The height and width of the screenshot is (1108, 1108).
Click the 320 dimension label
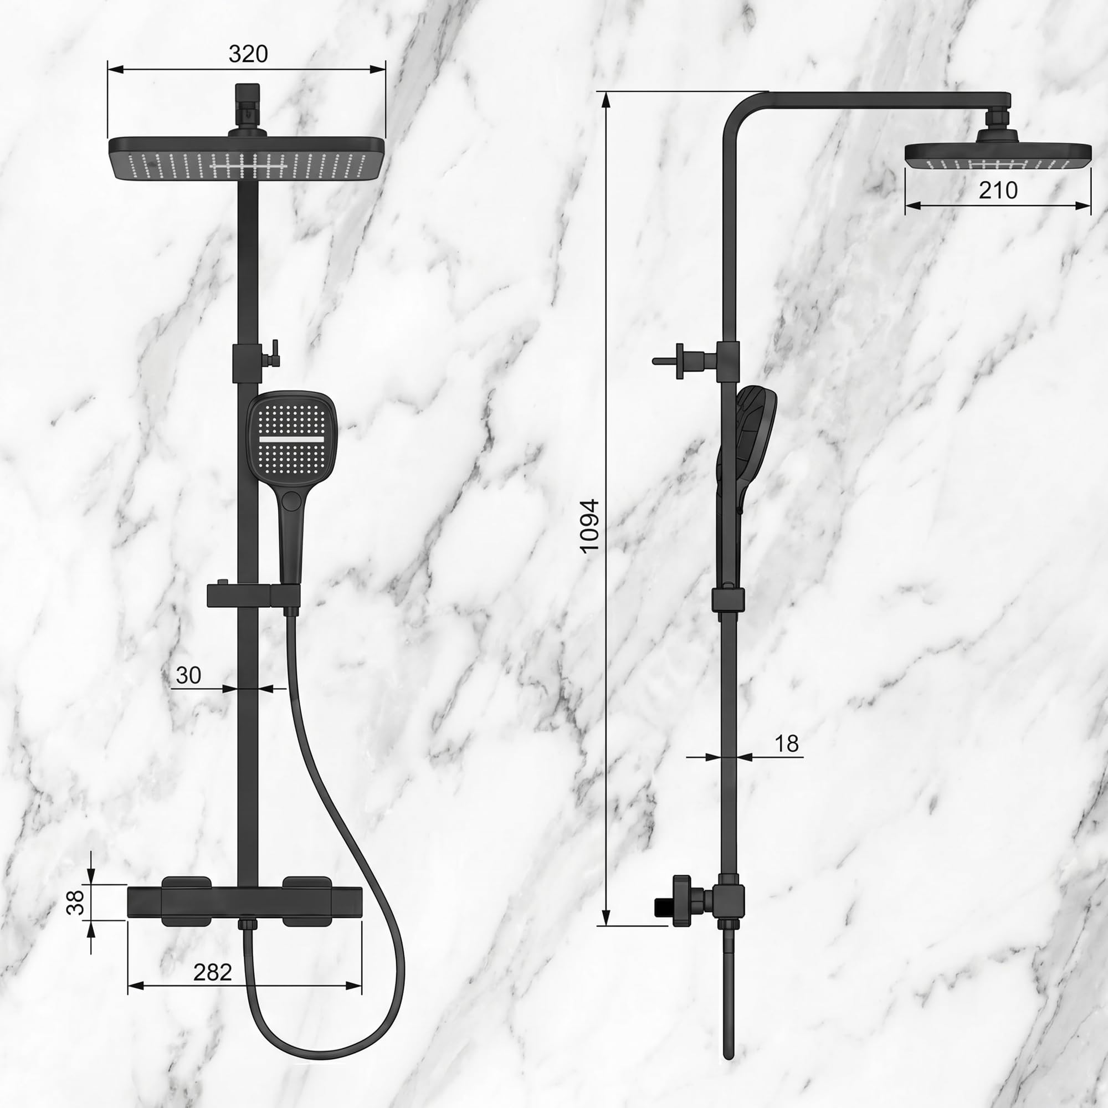[248, 54]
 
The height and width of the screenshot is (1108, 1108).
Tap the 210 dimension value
[998, 191]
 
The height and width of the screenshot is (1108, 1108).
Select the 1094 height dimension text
[589, 526]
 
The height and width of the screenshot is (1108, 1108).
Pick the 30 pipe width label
[188, 675]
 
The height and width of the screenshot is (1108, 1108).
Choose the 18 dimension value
[786, 743]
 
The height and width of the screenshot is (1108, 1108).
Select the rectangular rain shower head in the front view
[247, 159]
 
